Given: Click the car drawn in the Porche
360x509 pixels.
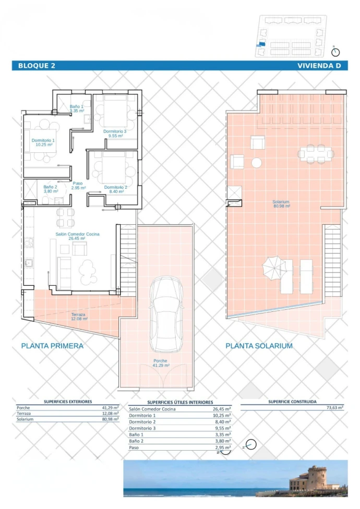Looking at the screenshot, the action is [166, 314].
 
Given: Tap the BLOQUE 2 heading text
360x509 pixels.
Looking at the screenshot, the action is [37, 66].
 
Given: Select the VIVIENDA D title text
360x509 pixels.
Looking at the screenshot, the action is [319, 66].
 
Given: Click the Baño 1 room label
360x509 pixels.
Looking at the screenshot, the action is [77, 108].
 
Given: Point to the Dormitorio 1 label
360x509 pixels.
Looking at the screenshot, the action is [43, 142].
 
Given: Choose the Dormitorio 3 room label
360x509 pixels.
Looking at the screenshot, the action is [115, 134].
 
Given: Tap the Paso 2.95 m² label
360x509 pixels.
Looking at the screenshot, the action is [78, 185].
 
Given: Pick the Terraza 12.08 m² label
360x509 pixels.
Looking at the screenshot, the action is [79, 317].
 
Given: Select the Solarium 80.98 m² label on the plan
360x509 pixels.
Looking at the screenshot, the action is [281, 203].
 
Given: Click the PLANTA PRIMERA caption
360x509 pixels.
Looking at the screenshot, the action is [52, 346].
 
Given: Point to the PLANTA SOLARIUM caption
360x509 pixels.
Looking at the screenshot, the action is [259, 346].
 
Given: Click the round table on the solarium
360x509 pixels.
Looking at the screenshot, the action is [257, 163].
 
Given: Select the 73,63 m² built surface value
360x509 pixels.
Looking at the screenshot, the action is [335, 407].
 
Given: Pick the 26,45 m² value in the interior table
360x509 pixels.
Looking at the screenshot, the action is [222, 409].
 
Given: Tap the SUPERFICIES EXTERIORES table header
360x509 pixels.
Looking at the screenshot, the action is [68, 402].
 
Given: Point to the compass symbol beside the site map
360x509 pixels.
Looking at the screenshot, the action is [335, 52].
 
